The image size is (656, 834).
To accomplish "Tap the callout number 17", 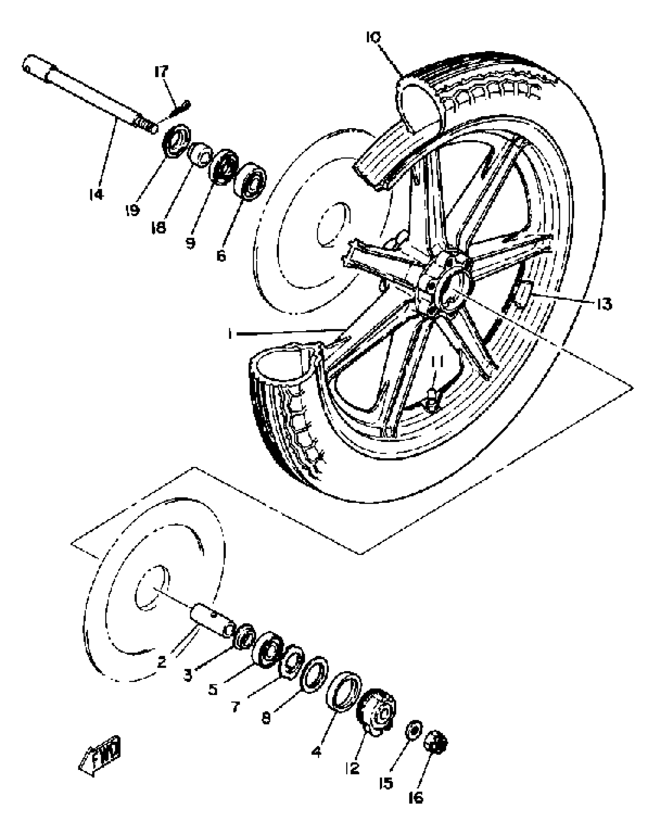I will point(161,72).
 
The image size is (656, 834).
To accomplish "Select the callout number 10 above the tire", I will point(373,37).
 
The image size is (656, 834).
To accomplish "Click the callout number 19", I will point(132,210).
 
